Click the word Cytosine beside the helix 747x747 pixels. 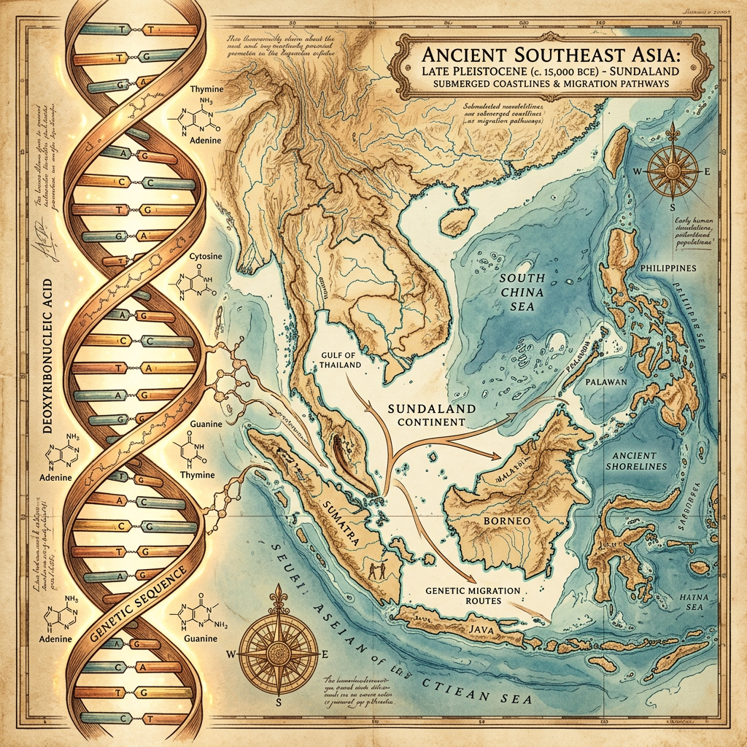[x=199, y=257]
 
